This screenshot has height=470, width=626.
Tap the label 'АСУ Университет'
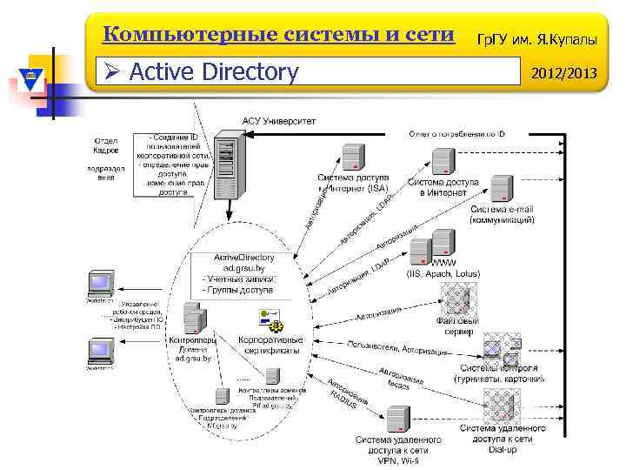(279, 120)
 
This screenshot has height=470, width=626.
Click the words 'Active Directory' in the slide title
(213, 71)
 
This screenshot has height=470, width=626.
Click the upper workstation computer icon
(99, 284)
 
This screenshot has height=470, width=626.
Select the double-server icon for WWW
(440, 245)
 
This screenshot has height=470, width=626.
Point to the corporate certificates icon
(271, 319)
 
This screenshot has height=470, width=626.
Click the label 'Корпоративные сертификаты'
(270, 344)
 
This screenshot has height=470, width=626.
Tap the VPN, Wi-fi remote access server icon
(398, 419)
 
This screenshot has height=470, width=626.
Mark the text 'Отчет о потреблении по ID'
(457, 134)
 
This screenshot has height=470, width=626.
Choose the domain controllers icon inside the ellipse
(194, 318)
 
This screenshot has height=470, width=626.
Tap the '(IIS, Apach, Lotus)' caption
(441, 274)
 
